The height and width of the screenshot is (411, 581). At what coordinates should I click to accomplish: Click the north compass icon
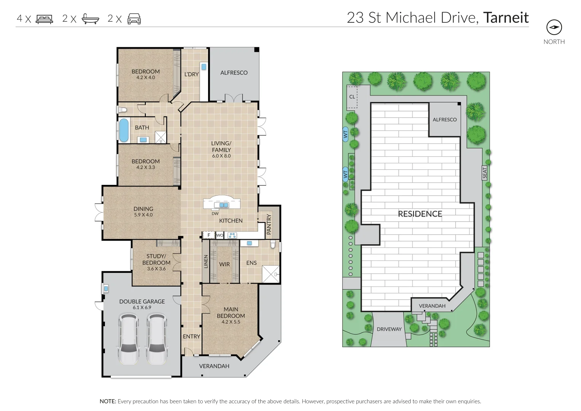(x=554, y=27)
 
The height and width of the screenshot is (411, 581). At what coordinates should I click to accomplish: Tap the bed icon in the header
(x=45, y=19)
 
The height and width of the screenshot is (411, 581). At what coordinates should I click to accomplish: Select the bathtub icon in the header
(x=90, y=19)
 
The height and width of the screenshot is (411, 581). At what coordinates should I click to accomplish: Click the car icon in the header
(x=134, y=19)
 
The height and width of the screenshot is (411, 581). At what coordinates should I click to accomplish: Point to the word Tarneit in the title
(x=506, y=18)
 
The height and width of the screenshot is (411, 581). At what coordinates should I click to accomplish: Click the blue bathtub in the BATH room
(x=124, y=130)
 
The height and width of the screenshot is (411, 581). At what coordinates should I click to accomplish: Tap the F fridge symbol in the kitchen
(x=209, y=235)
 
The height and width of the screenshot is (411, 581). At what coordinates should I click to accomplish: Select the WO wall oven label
(x=220, y=235)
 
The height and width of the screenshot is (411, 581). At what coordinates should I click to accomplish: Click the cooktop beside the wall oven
(x=232, y=235)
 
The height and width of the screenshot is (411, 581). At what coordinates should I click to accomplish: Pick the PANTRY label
(x=269, y=224)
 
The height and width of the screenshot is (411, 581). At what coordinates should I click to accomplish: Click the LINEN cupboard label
(x=206, y=261)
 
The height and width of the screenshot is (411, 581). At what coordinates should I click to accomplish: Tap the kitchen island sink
(x=224, y=205)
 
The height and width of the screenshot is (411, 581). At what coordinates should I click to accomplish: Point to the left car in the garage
(x=128, y=339)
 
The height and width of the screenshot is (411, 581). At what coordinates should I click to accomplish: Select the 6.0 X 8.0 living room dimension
(x=221, y=156)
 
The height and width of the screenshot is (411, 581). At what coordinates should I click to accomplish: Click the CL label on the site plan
(x=352, y=97)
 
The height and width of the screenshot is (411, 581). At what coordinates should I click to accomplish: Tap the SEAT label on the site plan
(x=484, y=172)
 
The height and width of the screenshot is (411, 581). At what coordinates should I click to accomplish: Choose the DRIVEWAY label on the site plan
(x=389, y=329)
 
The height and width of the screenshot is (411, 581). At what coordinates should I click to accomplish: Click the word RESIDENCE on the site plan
(x=420, y=214)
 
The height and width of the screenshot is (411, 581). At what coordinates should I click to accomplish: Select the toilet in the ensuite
(x=272, y=244)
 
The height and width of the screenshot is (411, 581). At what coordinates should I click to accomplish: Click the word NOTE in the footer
(x=108, y=401)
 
